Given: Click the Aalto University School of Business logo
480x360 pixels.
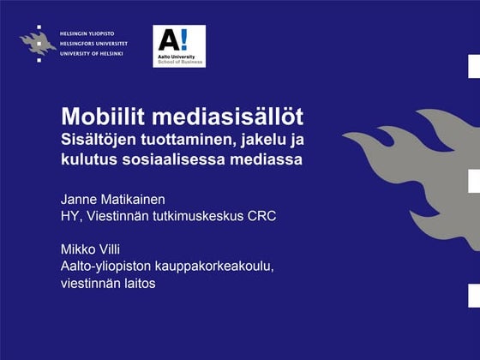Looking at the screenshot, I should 178,46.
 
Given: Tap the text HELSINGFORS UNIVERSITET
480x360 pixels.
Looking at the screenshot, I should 94,43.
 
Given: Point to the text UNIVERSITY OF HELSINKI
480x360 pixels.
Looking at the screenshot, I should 92,52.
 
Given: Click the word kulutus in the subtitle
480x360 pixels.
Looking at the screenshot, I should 89,159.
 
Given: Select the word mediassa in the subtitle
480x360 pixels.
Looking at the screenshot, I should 268,159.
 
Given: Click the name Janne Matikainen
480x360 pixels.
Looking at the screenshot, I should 112,200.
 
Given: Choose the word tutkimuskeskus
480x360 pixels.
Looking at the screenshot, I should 190,215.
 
